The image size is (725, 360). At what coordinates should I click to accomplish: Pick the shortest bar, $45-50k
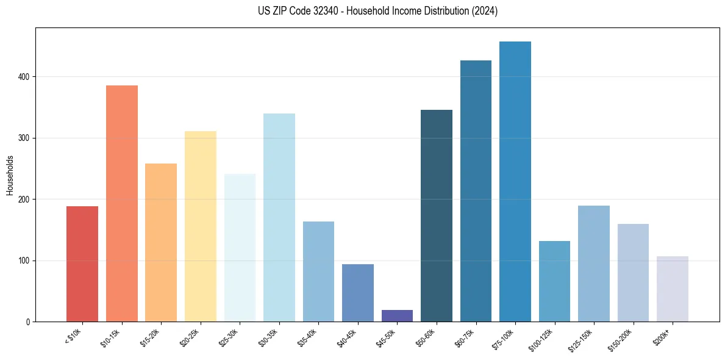(x=397, y=315)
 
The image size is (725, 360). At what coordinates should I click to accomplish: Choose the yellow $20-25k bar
(x=201, y=226)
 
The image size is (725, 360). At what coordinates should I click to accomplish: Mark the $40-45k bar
(x=358, y=293)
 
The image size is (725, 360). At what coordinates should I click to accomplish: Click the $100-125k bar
(x=554, y=281)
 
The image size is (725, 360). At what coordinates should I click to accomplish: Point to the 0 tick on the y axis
(x=28, y=322)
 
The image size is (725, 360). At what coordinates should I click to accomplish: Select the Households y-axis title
(x=10, y=175)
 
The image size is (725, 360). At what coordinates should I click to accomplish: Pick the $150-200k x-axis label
(x=620, y=339)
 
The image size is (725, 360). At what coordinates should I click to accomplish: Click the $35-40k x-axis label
(x=308, y=337)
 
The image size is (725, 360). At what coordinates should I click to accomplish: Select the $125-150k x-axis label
(x=581, y=339)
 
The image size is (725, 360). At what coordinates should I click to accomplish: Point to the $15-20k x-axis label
(x=151, y=337)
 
